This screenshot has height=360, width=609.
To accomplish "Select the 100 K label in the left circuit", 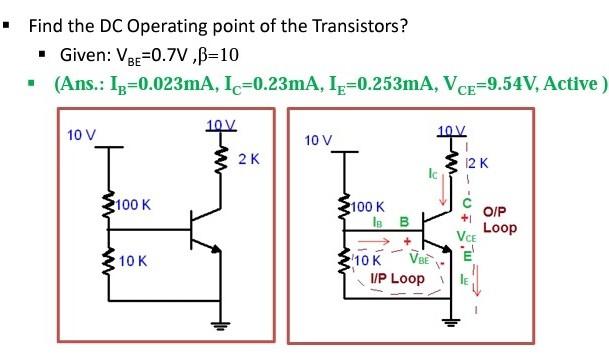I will click(x=132, y=205).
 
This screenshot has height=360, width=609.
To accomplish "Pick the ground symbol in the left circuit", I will click(x=220, y=322).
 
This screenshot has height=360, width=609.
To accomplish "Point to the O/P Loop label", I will click(x=500, y=220).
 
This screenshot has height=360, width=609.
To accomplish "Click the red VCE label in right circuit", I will click(x=466, y=238).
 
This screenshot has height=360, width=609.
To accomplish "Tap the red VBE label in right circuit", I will click(x=419, y=257).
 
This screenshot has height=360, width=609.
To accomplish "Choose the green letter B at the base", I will click(x=404, y=222).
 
